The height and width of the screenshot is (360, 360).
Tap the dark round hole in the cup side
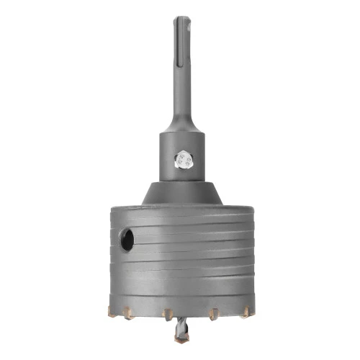127,240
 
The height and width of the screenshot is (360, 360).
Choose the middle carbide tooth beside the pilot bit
166,315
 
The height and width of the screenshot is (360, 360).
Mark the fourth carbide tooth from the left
213,314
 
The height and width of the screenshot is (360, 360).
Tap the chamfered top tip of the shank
179,19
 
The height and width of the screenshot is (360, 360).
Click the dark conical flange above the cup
179,192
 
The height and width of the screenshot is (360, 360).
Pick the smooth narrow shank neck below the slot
179,101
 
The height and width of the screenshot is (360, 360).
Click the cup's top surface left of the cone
122,208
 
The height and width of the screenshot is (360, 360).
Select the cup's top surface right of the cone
238,208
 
